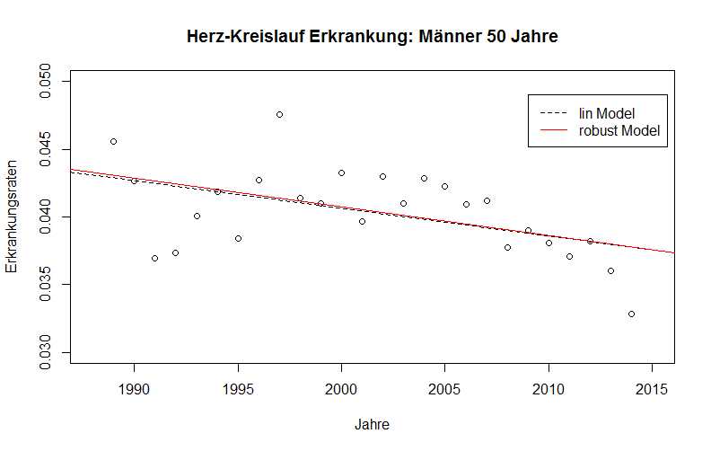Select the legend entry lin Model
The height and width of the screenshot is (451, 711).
coord(607,113)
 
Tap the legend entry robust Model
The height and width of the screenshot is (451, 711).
coord(619,130)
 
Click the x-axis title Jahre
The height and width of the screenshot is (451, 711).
coord(372,423)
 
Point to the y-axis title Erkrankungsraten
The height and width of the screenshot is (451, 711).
coord(13,217)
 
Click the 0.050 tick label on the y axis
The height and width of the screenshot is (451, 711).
coord(44,82)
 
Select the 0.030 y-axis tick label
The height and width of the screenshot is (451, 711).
coord(44,352)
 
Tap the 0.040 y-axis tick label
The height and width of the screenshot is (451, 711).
coord(44,217)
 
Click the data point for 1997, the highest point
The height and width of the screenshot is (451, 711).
coord(279,114)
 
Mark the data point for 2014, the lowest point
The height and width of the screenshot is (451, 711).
coord(631,314)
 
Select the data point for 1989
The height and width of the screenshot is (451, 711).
coord(113,141)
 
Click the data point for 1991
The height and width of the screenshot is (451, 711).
coord(154,258)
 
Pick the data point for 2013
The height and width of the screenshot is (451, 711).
coord(610,270)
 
